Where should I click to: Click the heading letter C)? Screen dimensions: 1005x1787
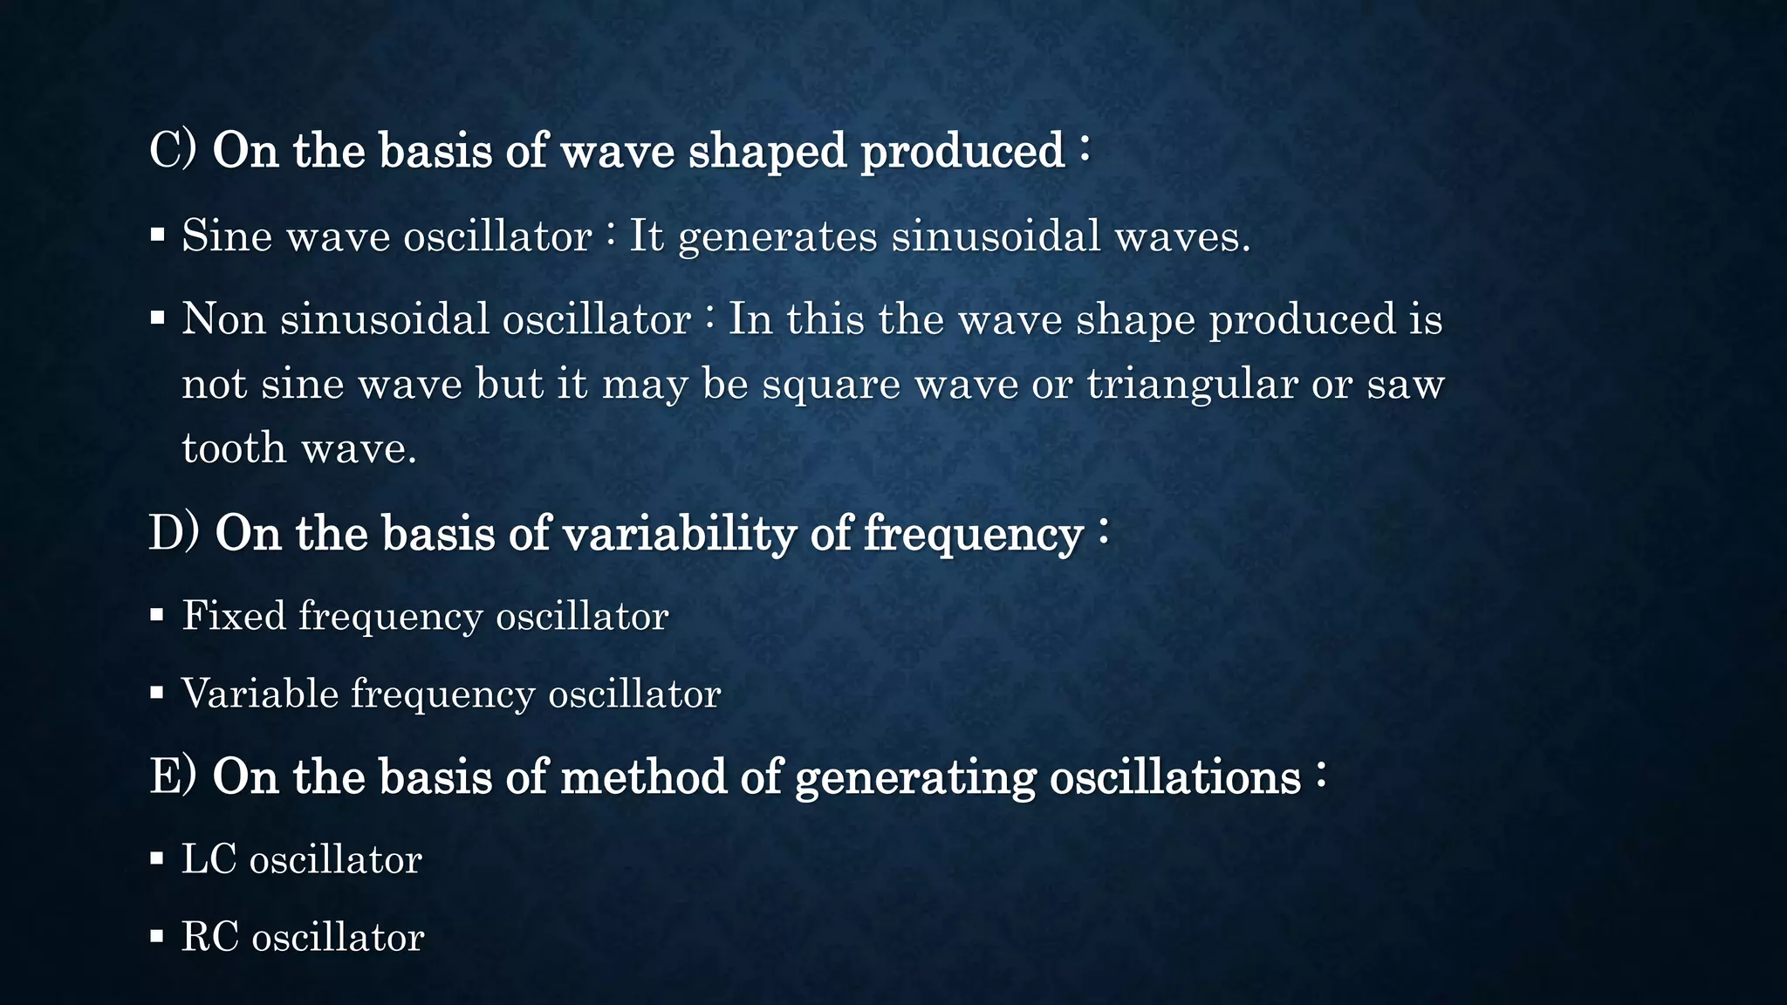coord(173,150)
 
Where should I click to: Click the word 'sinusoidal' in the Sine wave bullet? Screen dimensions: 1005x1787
coord(996,236)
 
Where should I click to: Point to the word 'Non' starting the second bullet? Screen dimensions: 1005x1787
coord(223,318)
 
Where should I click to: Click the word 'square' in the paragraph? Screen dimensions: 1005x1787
coord(831,385)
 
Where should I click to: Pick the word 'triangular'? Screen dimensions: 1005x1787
coord(1192,385)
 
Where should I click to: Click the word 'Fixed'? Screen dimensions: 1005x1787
coord(234,616)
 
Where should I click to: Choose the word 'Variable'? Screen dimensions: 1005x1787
coord(260,694)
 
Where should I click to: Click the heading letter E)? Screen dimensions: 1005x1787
coord(173,776)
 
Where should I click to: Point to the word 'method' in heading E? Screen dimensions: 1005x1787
coord(643,776)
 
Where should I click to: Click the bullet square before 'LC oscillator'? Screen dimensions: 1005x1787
coord(157,858)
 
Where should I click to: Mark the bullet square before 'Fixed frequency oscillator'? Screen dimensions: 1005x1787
coord(157,615)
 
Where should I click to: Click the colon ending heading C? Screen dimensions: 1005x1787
coord(1084,148)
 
